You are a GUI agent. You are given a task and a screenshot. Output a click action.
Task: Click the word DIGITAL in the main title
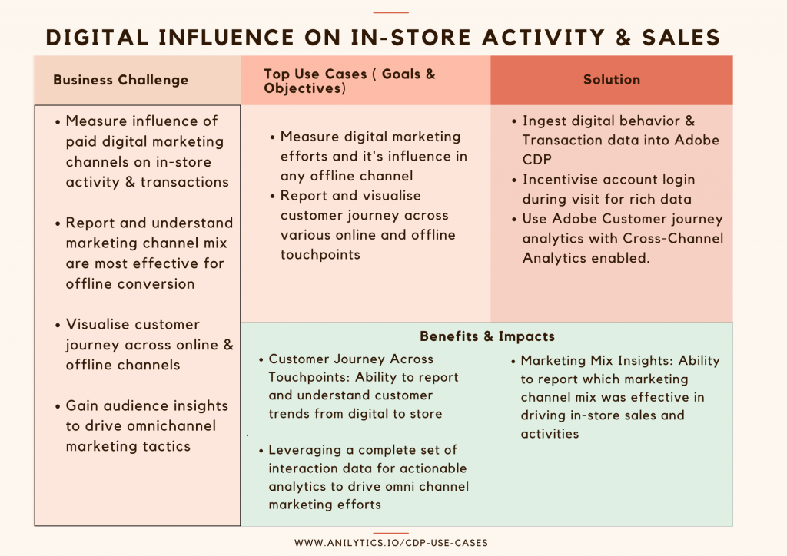tap(97, 38)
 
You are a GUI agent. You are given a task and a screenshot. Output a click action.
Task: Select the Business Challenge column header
tap(121, 80)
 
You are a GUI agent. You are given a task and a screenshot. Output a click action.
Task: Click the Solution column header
tap(611, 80)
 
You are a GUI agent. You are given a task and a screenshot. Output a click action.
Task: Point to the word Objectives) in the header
tap(304, 89)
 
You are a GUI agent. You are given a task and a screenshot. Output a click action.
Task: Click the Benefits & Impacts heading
tap(486, 336)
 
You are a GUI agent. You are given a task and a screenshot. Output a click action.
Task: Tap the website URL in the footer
tap(391, 543)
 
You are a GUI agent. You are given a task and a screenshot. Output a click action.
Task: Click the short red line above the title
tap(391, 12)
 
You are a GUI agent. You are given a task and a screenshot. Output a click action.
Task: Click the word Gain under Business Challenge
tap(81, 405)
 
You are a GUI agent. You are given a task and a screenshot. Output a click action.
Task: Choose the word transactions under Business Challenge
tap(184, 182)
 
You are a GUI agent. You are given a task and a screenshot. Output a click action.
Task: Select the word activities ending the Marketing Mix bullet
tap(550, 434)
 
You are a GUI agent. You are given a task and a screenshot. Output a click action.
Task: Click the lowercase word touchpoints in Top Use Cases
tap(320, 255)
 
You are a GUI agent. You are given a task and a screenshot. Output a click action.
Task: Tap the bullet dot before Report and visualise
tap(273, 196)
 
